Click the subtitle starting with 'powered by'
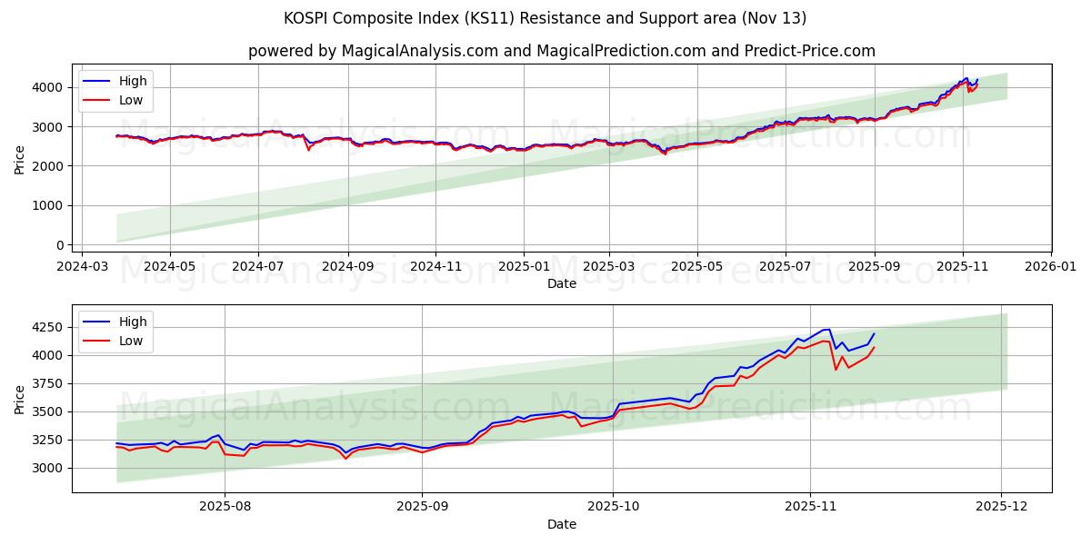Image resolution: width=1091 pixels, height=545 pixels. pos(561,51)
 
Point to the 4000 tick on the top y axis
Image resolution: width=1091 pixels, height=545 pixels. pos(48,87)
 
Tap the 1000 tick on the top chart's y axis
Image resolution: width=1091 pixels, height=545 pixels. pos(48,205)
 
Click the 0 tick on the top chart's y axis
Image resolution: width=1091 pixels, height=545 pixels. pos(59,245)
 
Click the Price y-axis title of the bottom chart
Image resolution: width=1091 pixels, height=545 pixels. pos(20,399)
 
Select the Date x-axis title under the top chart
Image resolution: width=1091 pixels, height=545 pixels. pos(561,283)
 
